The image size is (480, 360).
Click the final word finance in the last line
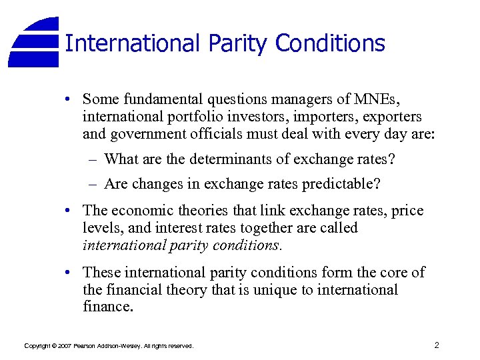[x=107, y=307]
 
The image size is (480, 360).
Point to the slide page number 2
[x=436, y=345]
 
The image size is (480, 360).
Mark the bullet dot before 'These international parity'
[x=69, y=273]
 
